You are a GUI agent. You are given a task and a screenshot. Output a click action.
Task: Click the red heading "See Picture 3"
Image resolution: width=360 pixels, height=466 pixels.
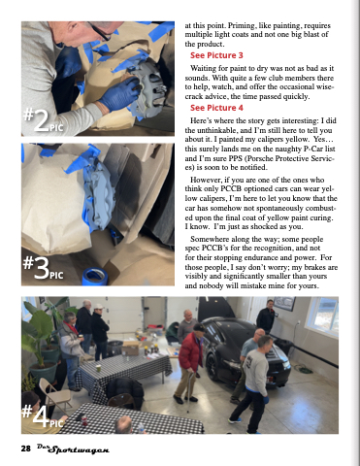tap(216, 55)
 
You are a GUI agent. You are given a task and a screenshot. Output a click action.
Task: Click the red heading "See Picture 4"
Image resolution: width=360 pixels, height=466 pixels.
tap(216, 108)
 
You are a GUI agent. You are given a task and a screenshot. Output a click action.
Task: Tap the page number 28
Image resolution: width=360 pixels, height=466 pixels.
tap(25, 449)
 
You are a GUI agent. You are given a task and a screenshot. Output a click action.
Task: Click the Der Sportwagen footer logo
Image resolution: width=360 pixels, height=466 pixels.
tap(73, 449)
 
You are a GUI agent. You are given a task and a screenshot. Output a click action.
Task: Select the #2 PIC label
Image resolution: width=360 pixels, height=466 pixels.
tap(43, 119)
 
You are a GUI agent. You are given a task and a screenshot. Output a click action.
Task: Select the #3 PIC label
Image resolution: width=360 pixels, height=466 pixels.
tap(43, 268)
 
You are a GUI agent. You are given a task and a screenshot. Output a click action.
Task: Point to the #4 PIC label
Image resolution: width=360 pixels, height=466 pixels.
tap(42, 416)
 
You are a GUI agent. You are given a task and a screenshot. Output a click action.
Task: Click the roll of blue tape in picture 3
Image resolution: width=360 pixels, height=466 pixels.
tap(95, 277)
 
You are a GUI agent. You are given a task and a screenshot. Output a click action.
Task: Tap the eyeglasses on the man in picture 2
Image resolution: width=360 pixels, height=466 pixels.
tap(99, 31)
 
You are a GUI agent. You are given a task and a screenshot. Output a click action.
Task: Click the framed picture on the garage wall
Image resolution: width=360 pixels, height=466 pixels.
tap(284, 303)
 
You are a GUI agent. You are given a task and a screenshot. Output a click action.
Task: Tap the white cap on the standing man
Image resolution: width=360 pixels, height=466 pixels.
tap(98, 306)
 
